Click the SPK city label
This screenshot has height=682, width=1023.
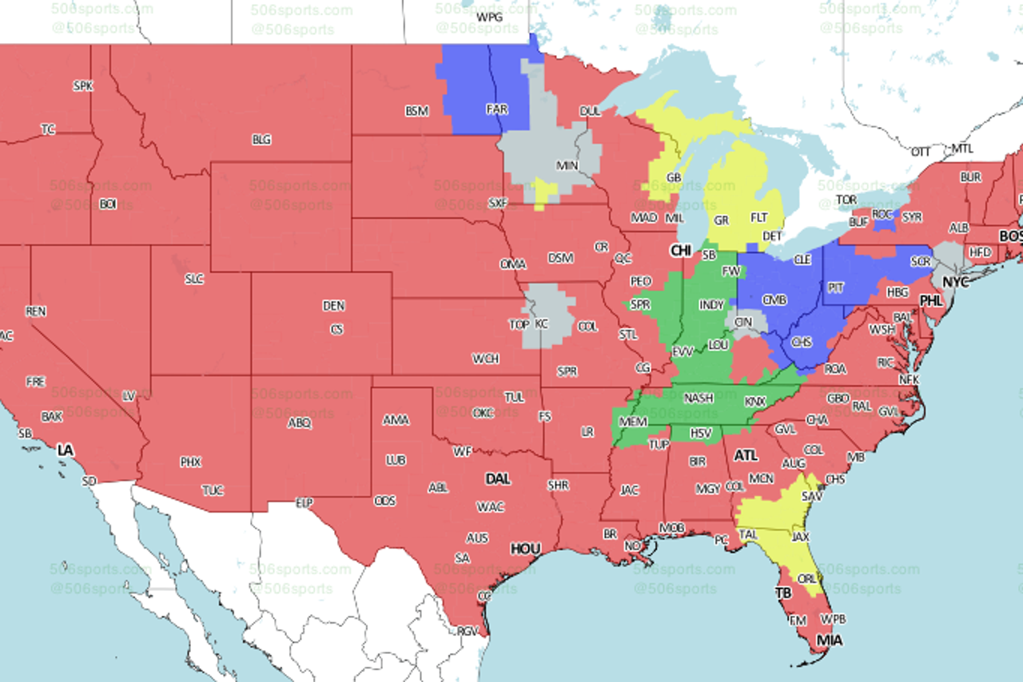[x=83, y=85]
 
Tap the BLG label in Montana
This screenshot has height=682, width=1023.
[x=261, y=140]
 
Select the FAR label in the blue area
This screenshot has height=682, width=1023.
[x=496, y=109]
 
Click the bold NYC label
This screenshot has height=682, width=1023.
[x=956, y=282]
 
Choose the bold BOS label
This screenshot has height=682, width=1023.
[x=1011, y=236]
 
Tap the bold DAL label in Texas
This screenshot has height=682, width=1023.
[x=498, y=478]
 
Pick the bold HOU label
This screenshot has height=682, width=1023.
[x=525, y=549]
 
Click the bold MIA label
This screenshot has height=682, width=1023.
[x=829, y=640]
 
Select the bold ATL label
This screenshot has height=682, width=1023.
[x=746, y=455]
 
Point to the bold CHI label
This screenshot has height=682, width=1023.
[x=681, y=251]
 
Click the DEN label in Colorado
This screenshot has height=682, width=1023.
[x=334, y=306]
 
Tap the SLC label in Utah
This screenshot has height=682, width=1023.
[x=194, y=279]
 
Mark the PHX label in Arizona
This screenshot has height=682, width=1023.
[x=190, y=462]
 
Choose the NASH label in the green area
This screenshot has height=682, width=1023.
[x=699, y=398]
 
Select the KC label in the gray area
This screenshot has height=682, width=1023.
[x=542, y=324]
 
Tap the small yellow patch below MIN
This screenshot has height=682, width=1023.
[x=546, y=192]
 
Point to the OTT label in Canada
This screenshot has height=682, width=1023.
[x=921, y=152]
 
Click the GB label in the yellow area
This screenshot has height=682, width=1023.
[x=674, y=177]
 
